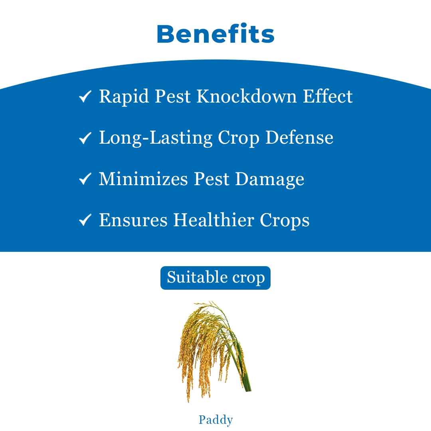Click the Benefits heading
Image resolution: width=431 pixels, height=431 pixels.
tap(215, 34)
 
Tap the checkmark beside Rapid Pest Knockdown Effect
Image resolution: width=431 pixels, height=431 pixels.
tap(85, 97)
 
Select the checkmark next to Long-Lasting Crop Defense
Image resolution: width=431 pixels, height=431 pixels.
tap(85, 138)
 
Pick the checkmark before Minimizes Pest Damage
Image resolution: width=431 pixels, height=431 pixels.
tap(85, 179)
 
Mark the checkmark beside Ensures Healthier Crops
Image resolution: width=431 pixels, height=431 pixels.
tap(85, 220)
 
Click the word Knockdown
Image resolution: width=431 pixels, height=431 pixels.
tap(247, 96)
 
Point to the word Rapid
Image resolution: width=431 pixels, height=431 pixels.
tap(124, 97)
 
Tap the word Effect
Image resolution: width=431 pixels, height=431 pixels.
tap(328, 96)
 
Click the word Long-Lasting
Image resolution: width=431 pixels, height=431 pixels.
tap(156, 138)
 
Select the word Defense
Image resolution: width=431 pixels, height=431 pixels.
tap(299, 137)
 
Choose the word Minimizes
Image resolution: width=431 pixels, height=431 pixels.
tap(143, 179)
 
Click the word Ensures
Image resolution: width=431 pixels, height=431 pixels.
tap(133, 220)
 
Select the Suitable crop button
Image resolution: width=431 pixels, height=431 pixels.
tap(215, 278)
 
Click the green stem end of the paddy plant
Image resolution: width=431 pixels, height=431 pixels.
tap(248, 388)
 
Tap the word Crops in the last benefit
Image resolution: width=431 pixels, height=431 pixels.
tap(285, 221)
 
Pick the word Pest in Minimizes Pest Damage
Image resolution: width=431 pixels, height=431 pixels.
tap(212, 179)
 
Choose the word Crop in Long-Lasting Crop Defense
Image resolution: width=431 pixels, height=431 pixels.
tap(239, 138)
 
